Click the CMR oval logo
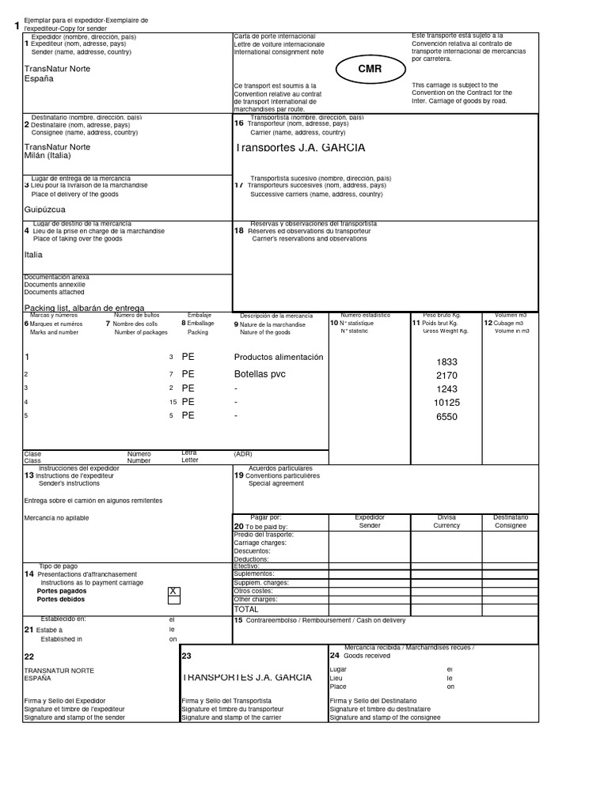370,70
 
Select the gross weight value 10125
446,403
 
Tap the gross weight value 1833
446,361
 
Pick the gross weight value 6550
446,417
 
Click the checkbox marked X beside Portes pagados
174,591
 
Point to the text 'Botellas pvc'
260,373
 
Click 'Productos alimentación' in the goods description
279,358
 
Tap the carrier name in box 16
300,148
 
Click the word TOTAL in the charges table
246,610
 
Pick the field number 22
29,657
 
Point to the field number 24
334,655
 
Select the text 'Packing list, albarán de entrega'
84,308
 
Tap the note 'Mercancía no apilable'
57,518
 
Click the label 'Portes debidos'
62,600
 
